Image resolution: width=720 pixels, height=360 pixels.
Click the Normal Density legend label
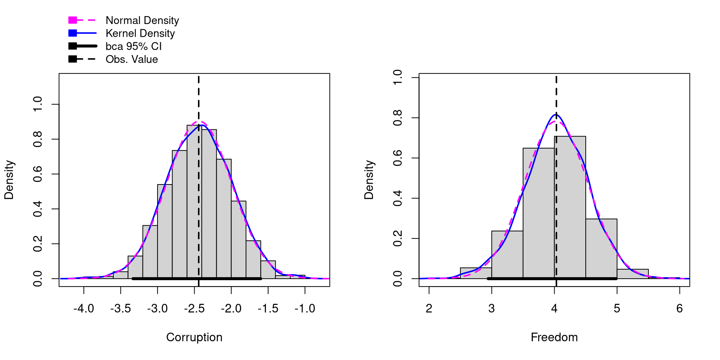point(142,20)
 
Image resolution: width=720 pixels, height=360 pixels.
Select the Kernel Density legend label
point(140,33)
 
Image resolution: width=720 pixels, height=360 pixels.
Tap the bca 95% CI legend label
point(133,46)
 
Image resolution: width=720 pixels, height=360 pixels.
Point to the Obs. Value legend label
point(132,59)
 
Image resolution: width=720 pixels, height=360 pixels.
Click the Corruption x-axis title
point(194,337)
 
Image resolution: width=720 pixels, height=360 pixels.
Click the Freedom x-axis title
point(554,337)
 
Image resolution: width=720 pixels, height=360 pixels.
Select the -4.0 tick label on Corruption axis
point(84,309)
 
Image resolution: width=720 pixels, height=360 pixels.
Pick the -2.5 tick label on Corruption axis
point(194,309)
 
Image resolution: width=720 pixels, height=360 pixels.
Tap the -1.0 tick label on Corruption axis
point(304,309)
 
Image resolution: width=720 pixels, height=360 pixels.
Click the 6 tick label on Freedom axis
point(679,309)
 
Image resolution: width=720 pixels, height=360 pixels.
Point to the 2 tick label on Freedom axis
point(429,309)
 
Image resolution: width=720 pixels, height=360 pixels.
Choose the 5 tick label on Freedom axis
point(617,309)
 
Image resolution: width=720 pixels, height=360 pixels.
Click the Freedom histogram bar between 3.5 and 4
point(538,214)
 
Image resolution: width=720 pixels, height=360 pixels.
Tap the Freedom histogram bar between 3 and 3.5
point(507,255)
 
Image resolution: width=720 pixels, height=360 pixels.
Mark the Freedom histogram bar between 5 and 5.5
point(633,274)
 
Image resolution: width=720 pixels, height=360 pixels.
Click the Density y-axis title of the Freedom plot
point(369,180)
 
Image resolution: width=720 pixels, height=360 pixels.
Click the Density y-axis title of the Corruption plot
point(9,180)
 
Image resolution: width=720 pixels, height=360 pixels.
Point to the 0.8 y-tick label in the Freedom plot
point(397,118)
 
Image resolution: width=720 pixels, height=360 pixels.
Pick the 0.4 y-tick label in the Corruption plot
point(37,209)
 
